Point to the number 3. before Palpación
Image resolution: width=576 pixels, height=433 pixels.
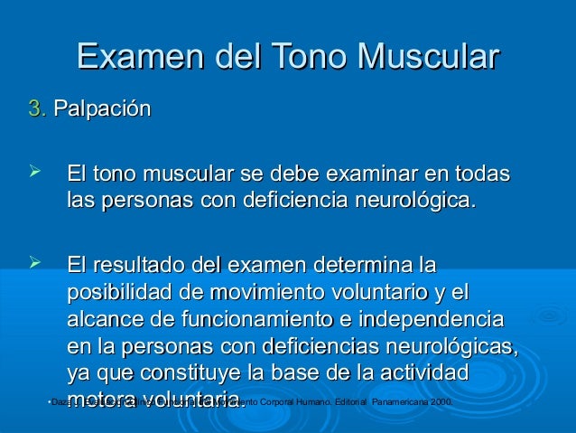tap(37, 110)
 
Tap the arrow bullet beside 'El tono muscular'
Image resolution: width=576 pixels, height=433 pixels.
tap(37, 171)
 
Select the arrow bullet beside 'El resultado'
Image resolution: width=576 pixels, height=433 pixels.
tap(37, 263)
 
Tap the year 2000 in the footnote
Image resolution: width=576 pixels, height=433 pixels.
tap(441, 400)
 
